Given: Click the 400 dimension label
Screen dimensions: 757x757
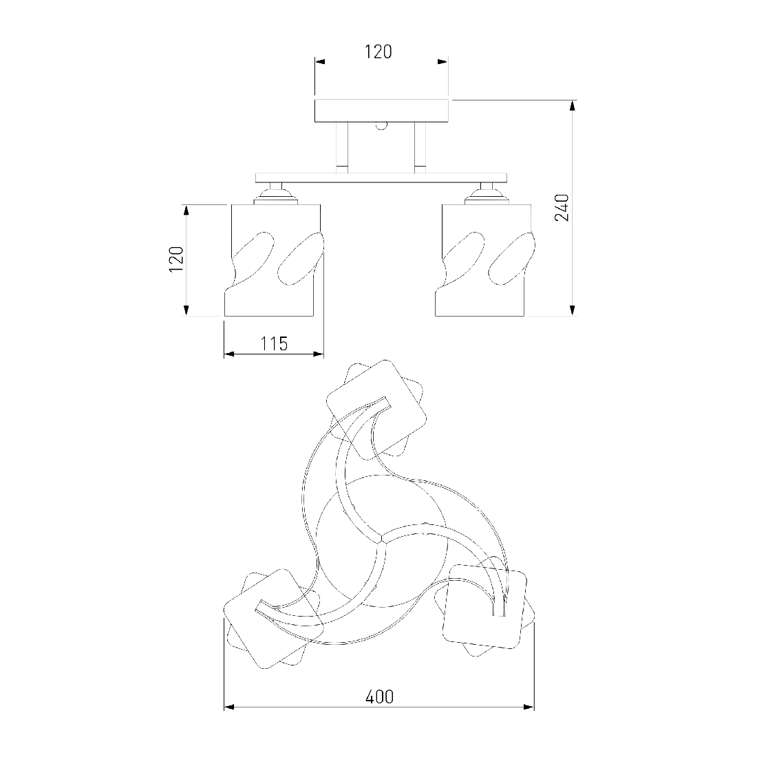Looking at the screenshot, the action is (379, 696).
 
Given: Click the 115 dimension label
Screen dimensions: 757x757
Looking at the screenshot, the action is (274, 343).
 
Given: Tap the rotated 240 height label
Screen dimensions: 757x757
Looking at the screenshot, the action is (562, 208).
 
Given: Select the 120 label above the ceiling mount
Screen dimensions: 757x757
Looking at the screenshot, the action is (378, 52).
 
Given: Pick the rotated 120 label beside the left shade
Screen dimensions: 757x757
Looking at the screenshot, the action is (177, 259).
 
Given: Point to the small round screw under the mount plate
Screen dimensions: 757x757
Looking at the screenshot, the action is (381, 125).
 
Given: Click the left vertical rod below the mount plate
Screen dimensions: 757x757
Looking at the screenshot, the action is (342, 147).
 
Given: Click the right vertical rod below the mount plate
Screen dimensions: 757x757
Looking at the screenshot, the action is (420, 147).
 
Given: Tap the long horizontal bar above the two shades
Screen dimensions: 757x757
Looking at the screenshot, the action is (381, 177).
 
